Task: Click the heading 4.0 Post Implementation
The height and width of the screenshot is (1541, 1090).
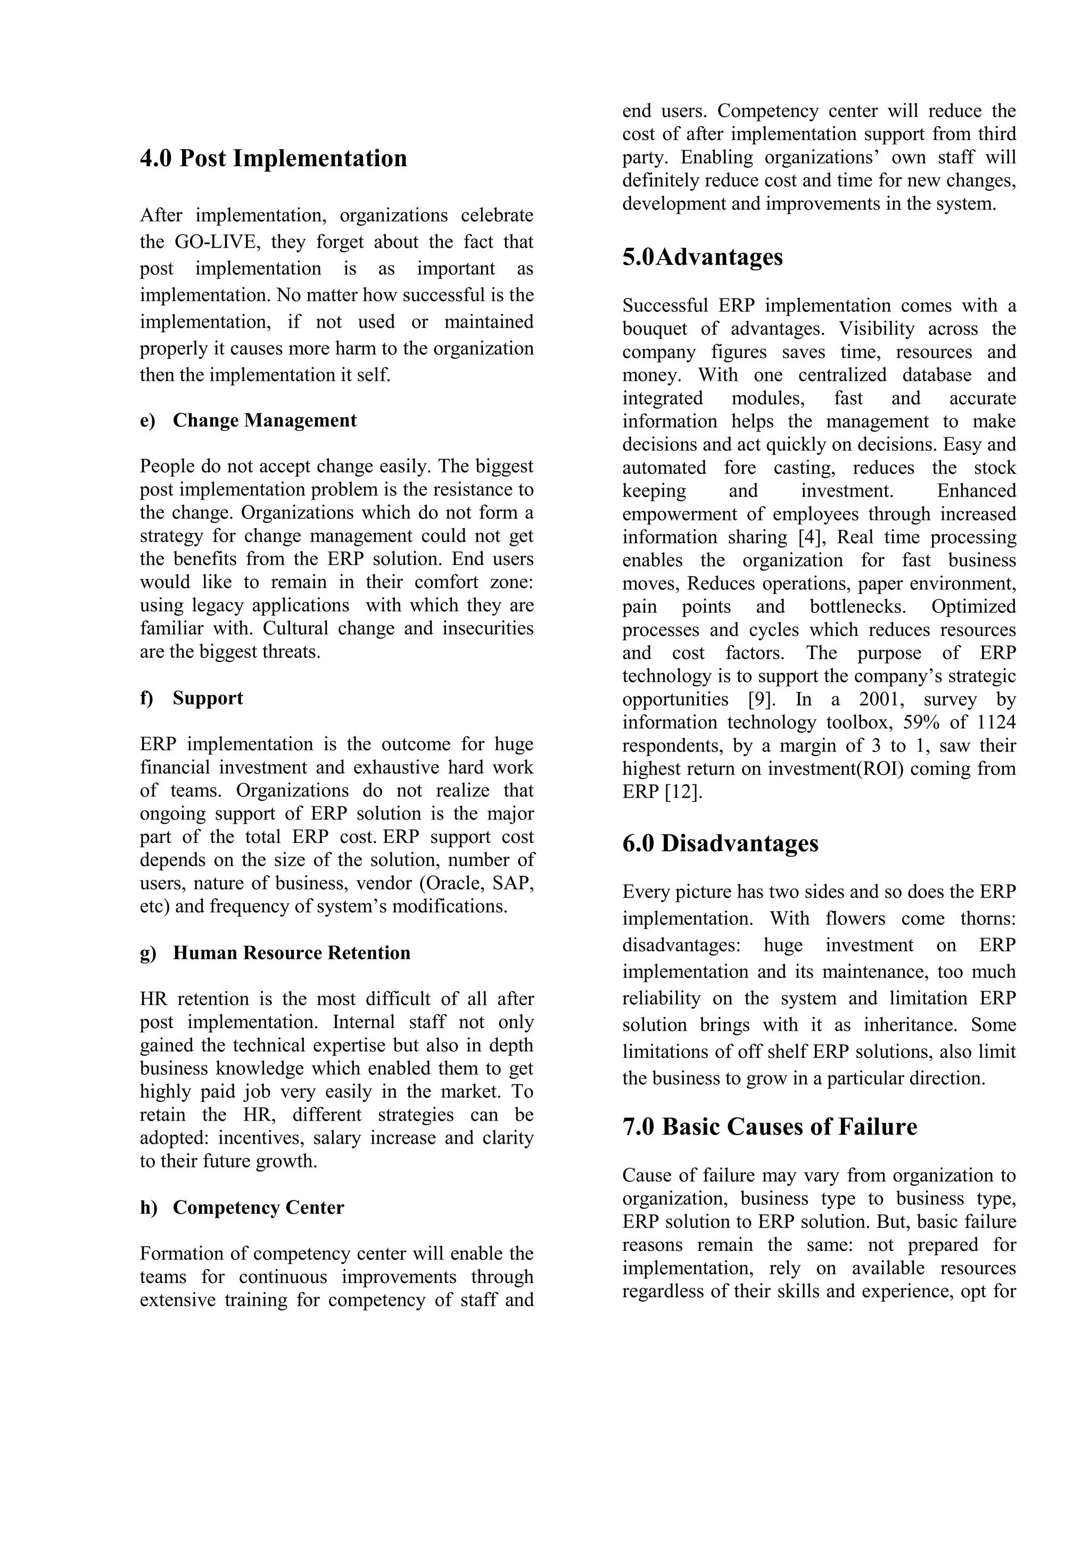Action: click(273, 159)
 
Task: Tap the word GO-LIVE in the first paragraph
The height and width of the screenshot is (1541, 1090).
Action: click(216, 242)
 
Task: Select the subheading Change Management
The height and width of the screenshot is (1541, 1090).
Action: click(265, 420)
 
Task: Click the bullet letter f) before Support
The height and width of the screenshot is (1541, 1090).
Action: click(146, 698)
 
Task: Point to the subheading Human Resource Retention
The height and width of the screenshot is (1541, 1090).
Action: click(291, 953)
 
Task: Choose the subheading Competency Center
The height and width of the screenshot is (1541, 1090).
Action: click(259, 1207)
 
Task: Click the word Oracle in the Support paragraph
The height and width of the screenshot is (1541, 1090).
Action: click(451, 883)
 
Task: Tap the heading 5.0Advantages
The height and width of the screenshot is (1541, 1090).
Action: click(702, 257)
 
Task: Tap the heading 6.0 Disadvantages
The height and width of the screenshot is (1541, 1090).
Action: click(720, 843)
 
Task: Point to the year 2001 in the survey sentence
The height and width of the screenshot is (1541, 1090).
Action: click(881, 699)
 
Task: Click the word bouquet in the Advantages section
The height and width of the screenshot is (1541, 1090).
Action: click(655, 329)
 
